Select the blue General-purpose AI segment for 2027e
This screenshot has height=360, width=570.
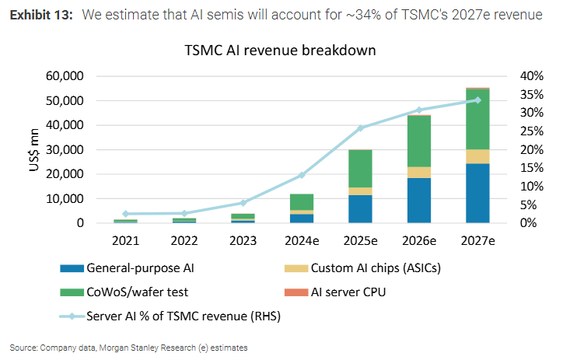tap(477, 193)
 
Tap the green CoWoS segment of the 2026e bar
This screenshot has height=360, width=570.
tap(420, 141)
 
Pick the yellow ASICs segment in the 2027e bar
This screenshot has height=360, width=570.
tap(477, 156)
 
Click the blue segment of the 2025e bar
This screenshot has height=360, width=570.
tap(360, 208)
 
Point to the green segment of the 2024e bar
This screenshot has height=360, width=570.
tap(302, 201)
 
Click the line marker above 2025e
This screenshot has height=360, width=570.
tap(360, 128)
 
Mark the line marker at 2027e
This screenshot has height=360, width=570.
tap(477, 100)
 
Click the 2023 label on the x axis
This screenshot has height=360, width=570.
tap(243, 241)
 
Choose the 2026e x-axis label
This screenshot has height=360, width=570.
tap(419, 241)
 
